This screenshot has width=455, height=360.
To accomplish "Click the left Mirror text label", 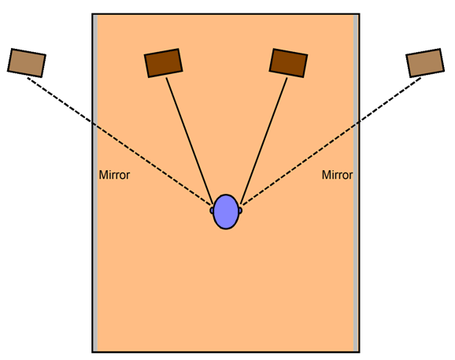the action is [114, 175].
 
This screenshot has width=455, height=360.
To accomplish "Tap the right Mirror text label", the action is [337, 175].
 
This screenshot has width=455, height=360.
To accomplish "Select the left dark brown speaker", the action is [164, 63].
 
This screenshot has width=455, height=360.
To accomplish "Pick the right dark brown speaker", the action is [288, 63].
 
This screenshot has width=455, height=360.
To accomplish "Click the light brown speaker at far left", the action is [27, 63].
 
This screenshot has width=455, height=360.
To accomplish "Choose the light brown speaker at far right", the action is [425, 63].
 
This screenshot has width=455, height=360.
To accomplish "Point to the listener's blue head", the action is [226, 212].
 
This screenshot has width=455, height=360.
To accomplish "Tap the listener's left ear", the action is [212, 210].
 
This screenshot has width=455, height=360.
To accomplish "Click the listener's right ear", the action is [240, 210].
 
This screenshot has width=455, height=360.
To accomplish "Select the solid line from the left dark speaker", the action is [190, 139].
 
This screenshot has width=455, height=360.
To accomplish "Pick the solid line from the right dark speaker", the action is [264, 139].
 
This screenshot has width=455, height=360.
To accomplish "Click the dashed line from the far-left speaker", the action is [119, 141].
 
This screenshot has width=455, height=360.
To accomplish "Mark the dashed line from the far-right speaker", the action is [331, 141].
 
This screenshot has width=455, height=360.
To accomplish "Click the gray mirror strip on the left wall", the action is [95, 183].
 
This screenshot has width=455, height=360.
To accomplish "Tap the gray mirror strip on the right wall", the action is [356, 183].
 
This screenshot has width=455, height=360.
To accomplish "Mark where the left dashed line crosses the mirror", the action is [95, 124].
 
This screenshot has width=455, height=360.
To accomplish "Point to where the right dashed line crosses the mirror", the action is [357, 124].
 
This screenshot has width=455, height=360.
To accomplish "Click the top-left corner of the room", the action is [93, 14].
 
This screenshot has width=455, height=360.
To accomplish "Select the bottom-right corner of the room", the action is [359, 352].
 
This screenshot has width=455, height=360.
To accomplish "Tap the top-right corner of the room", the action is [359, 14].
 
